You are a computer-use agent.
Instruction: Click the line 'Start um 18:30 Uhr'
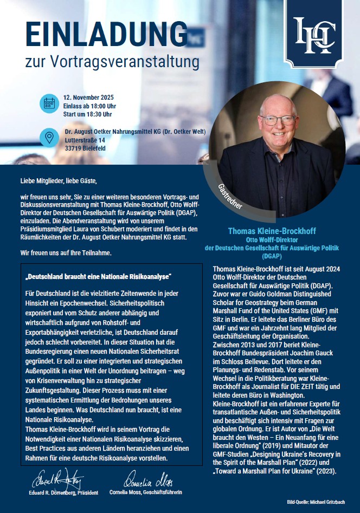pyautogui.click(x=88, y=114)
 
